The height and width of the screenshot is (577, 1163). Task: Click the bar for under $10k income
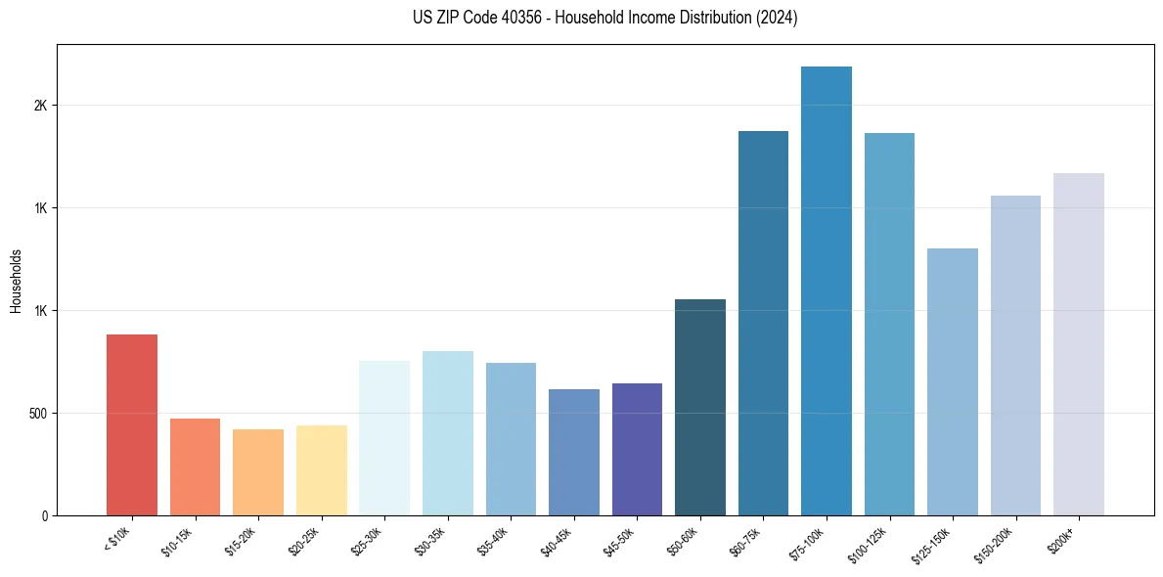(132, 424)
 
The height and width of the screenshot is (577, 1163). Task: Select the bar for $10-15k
(195, 466)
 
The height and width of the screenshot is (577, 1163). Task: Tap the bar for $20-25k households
(321, 470)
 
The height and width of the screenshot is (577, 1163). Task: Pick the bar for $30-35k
(447, 433)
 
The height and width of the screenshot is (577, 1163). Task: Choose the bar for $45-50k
(637, 449)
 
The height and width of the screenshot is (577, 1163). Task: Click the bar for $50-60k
(700, 407)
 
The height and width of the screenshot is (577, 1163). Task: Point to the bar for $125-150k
(953, 381)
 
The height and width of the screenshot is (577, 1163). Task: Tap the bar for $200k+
(1079, 344)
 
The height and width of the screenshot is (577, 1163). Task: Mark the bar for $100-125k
(889, 324)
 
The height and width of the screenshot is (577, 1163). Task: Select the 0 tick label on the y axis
(44, 515)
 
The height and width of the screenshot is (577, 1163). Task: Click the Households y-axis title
(17, 281)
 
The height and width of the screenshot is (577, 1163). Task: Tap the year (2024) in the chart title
(778, 18)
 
